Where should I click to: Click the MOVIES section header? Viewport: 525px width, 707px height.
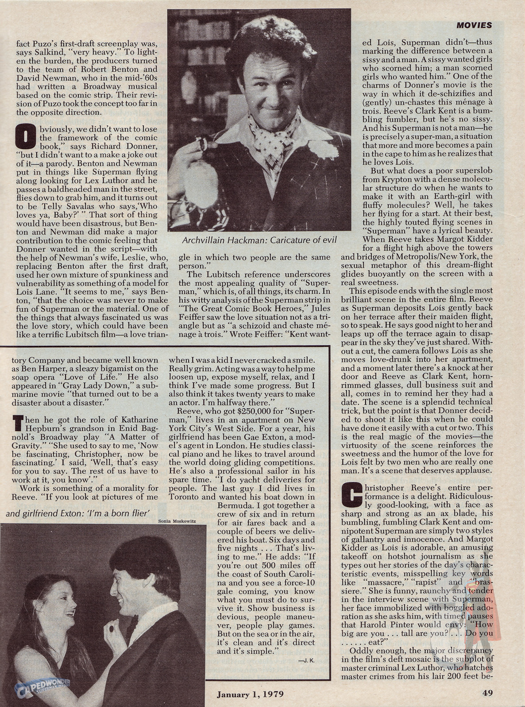coord(474,25)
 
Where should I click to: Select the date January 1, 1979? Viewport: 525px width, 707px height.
coord(250,694)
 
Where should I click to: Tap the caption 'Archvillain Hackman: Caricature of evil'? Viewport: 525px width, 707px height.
coord(260,240)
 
